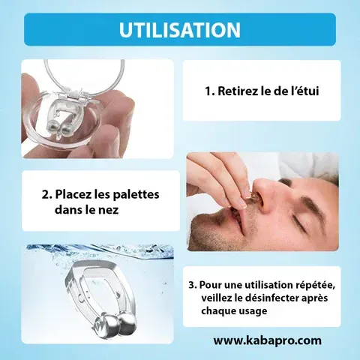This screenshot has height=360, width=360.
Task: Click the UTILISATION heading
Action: (180, 30)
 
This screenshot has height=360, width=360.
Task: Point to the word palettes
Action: (136, 194)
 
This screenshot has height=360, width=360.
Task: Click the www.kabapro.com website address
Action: (267, 340)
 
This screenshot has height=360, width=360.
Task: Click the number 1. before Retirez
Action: (210, 91)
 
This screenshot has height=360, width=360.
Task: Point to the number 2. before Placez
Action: (47, 195)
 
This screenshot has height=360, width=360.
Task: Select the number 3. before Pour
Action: (193, 286)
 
